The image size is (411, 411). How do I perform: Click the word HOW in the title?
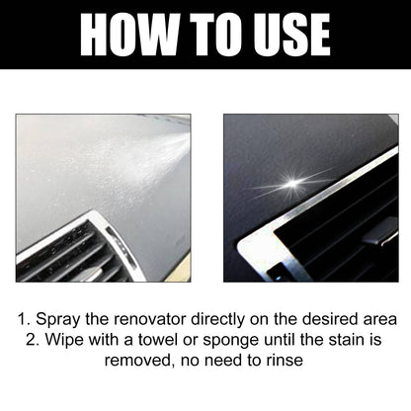click(126, 34)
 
